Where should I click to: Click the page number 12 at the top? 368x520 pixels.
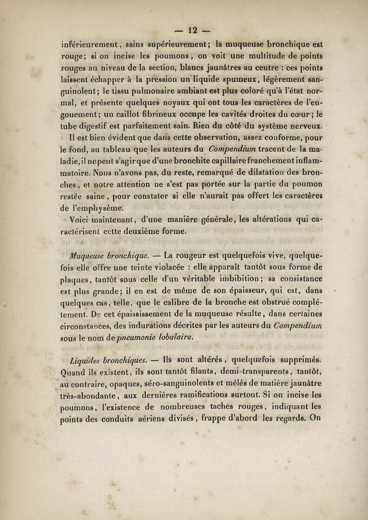click(184, 20)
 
